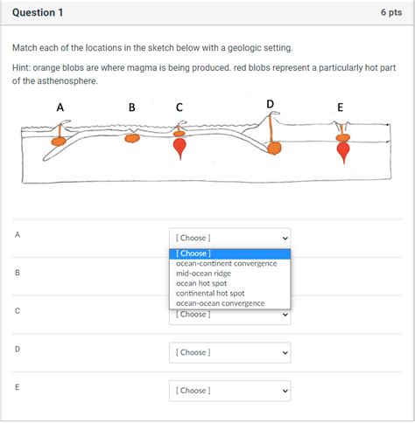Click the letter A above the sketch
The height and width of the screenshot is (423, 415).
point(60,107)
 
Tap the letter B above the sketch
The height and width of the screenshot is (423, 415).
point(132,107)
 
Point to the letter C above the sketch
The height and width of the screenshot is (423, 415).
point(179,107)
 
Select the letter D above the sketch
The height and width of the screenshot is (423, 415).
point(271,104)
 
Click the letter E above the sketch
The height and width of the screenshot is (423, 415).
point(341,107)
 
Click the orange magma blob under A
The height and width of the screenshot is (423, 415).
point(59,142)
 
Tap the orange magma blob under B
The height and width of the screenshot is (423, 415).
point(132,138)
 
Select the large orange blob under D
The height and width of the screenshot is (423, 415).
point(275,149)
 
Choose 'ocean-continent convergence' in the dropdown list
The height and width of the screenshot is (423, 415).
point(227,264)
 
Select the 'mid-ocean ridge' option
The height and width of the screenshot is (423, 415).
point(203,274)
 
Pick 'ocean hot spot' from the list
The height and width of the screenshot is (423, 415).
point(201,283)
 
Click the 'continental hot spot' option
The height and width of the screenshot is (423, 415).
point(210,294)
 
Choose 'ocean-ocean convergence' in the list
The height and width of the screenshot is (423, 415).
point(221,303)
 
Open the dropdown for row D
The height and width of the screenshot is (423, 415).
point(230,352)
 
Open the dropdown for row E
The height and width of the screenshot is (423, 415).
point(230,391)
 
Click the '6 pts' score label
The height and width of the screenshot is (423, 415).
point(391,12)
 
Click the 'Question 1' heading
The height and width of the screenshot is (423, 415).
point(38,12)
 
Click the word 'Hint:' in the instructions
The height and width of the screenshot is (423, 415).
point(21,68)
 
